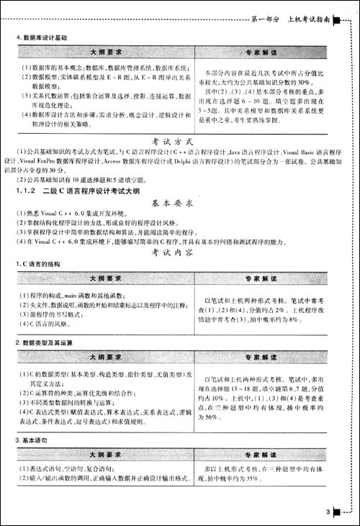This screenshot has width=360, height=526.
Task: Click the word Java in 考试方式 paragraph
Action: (x=235, y=153)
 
